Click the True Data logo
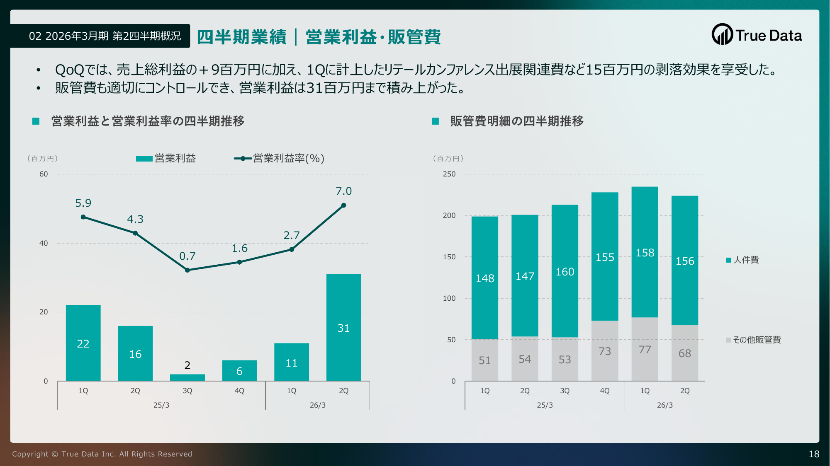point(757,35)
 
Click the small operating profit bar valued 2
point(187,377)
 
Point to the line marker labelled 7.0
point(343,205)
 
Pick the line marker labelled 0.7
point(187,270)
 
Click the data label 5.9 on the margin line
point(83,203)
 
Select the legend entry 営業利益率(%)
point(279,158)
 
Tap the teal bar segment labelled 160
point(565,271)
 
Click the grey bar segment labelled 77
point(645,349)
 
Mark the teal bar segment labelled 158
point(645,252)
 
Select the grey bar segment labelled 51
point(484,360)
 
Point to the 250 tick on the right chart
point(449,174)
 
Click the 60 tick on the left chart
point(44,174)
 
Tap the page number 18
point(814,454)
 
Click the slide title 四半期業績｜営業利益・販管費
point(319,37)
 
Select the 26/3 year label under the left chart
point(317,405)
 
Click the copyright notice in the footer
point(102,454)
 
